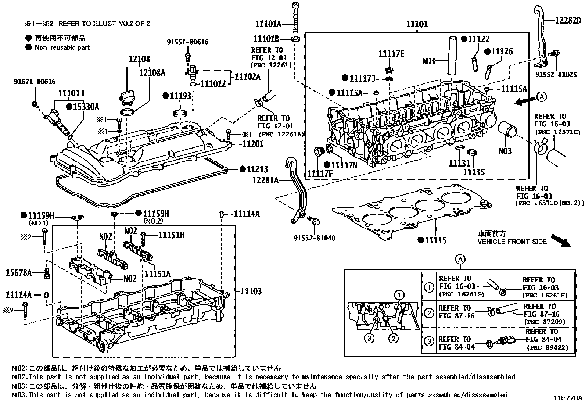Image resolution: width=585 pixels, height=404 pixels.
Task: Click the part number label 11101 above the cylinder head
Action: [417, 24]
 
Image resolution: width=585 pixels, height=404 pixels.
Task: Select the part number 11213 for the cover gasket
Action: [257, 169]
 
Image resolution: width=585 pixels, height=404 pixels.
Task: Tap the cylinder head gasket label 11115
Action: [436, 240]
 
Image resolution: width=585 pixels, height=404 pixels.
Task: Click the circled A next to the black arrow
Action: [541, 97]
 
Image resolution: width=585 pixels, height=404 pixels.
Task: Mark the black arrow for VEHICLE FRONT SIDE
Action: [560, 240]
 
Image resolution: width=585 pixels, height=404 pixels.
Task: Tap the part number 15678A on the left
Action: [18, 272]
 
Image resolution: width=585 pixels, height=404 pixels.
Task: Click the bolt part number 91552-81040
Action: [314, 238]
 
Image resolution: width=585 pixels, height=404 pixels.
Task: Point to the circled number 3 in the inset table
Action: [429, 341]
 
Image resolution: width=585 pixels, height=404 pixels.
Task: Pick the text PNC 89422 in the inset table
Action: [547, 347]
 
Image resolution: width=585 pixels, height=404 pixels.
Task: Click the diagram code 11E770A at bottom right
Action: [568, 398]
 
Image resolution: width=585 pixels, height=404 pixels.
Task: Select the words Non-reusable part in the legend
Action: [62, 47]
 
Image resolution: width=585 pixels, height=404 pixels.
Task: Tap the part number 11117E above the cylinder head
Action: [391, 54]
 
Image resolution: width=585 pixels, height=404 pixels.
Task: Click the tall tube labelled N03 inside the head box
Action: [452, 55]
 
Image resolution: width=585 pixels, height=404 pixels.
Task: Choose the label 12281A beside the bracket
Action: [265, 180]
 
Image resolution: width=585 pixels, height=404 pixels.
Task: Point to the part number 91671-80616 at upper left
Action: [35, 82]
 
